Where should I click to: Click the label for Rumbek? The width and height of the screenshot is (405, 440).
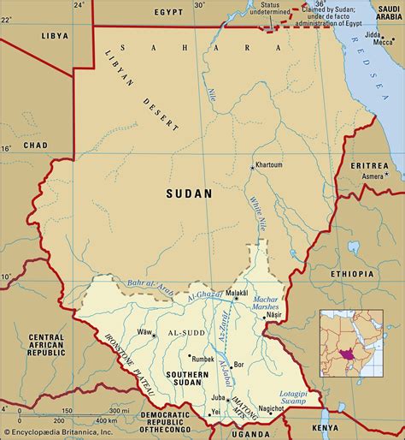tap(201, 359)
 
